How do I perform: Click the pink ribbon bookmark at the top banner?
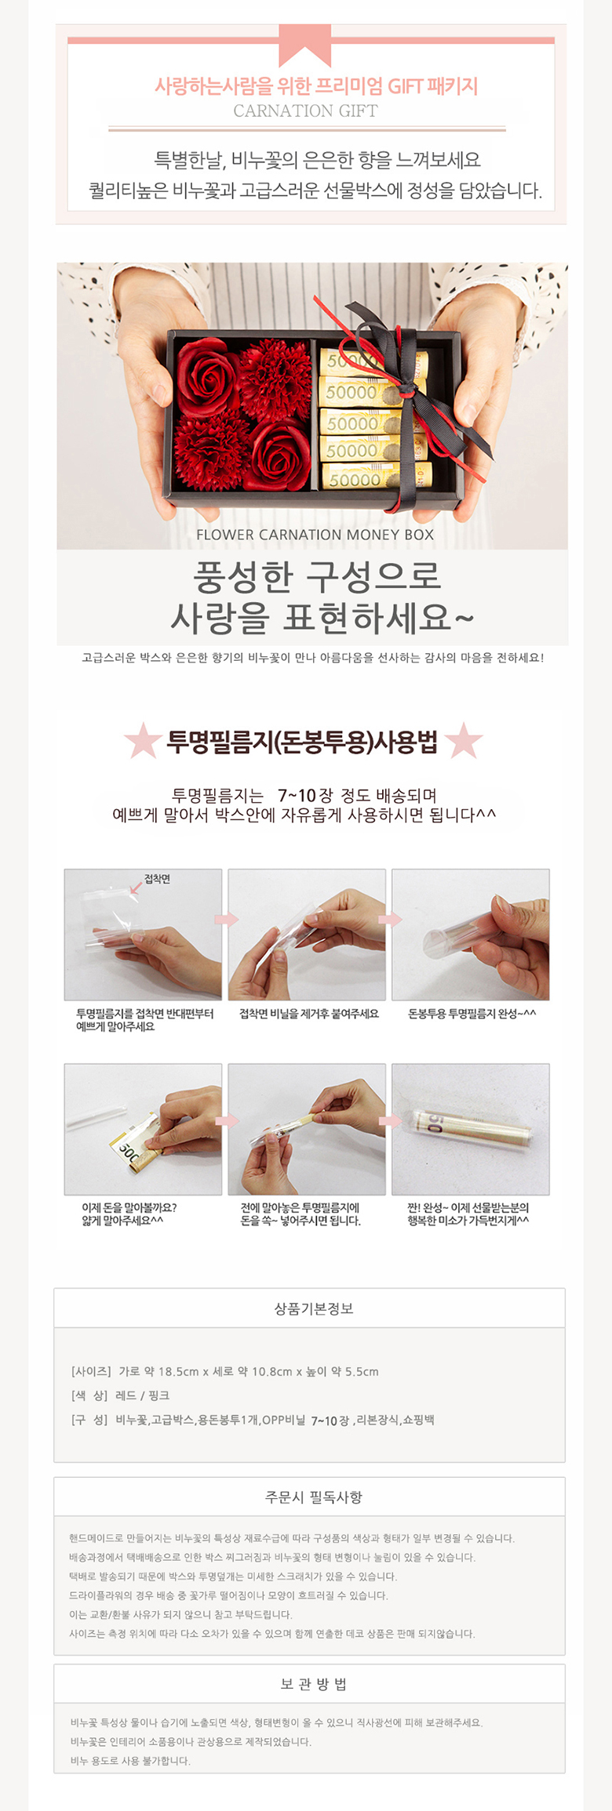pyautogui.click(x=305, y=43)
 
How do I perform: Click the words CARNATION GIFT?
pyautogui.click(x=305, y=111)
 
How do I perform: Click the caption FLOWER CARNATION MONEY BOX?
pyautogui.click(x=315, y=535)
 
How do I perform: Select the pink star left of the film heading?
pyautogui.click(x=143, y=740)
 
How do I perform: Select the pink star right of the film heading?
pyautogui.click(x=464, y=740)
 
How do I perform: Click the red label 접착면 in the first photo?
pyautogui.click(x=157, y=879)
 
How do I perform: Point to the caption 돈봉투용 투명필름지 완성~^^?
pyautogui.click(x=472, y=1014)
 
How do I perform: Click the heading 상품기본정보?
pyautogui.click(x=314, y=1308)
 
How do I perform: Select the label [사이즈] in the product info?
pyautogui.click(x=91, y=1371)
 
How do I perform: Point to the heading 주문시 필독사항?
pyautogui.click(x=314, y=1497)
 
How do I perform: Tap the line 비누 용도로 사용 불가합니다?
pyautogui.click(x=130, y=1761)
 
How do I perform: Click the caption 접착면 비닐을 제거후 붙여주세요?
pyautogui.click(x=309, y=1014)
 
